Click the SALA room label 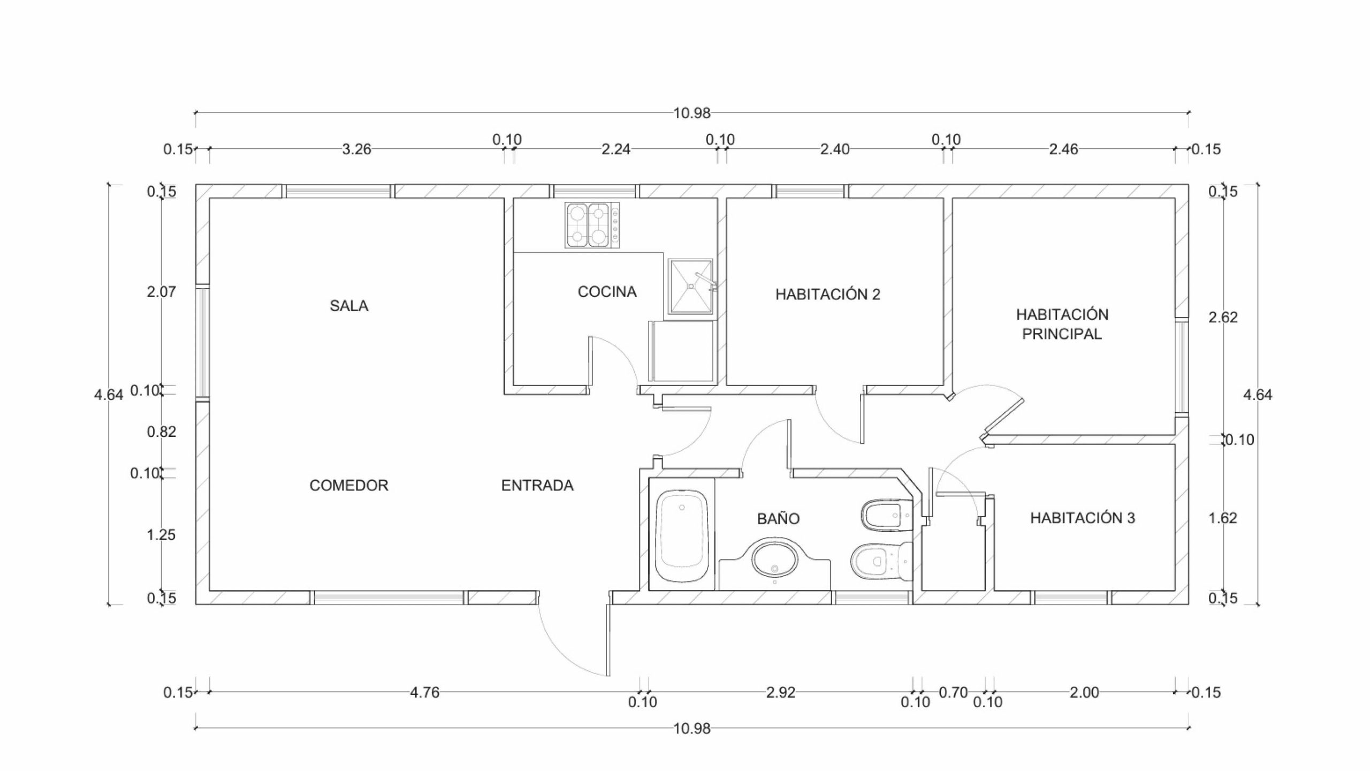[349, 306]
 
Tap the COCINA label [607, 292]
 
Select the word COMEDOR [349, 485]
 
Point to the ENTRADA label [537, 485]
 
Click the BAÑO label [778, 518]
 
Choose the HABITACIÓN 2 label [828, 294]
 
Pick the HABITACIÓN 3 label [1083, 518]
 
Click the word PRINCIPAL [1062, 334]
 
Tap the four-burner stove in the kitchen [592, 225]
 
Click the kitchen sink [691, 286]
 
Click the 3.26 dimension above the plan [356, 149]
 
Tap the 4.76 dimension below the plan [424, 692]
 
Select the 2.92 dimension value [781, 692]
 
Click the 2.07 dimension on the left [161, 292]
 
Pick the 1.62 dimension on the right [1223, 518]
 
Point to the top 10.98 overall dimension [691, 113]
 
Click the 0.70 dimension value [953, 692]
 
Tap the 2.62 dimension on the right [1223, 318]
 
